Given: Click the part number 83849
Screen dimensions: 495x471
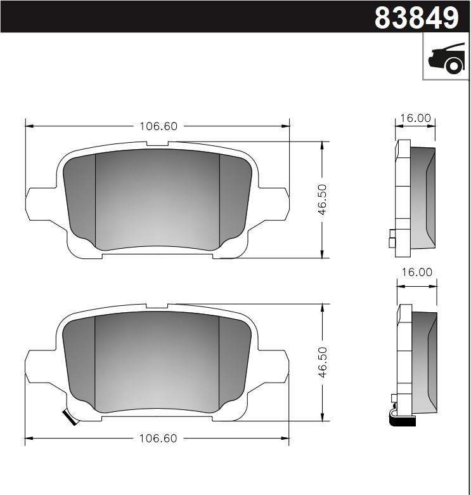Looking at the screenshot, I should point(416,18).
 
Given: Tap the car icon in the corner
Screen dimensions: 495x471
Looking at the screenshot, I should point(446,58).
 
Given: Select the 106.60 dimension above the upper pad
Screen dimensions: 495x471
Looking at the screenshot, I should point(158,126).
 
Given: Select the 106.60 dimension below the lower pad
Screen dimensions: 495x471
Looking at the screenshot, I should point(158,439).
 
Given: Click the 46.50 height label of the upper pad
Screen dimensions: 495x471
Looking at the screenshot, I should point(322,201).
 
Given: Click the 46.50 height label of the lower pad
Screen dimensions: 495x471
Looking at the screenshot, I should point(322,362).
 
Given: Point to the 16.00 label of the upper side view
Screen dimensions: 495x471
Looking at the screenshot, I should point(416,118).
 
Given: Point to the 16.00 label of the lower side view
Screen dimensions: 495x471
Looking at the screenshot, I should point(416,272).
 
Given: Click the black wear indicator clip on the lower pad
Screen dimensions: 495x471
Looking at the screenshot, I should point(67,418).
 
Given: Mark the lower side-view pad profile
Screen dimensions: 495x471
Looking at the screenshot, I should point(421,355).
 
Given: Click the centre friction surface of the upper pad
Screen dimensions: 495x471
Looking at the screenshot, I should point(157,200).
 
